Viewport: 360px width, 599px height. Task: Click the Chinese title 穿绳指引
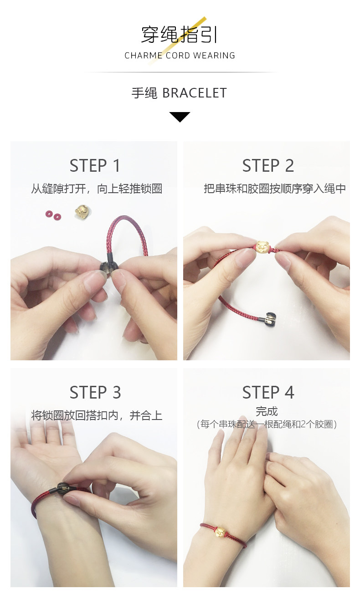[179, 35]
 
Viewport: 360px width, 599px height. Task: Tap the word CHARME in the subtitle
[144, 56]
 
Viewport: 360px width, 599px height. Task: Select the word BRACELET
[195, 93]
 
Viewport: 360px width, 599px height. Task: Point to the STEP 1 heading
[95, 165]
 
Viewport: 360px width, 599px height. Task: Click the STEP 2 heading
[268, 165]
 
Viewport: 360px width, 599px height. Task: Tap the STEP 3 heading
[95, 392]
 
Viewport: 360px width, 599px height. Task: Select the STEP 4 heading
[268, 392]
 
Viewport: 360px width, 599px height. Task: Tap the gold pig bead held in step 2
[262, 247]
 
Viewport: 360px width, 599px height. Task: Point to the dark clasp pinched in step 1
[107, 267]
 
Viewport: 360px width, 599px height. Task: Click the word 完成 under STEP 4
[267, 411]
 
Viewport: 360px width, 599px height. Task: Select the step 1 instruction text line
[97, 189]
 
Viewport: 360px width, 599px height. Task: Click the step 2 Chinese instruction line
[275, 189]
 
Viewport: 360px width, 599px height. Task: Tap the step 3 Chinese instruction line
[97, 415]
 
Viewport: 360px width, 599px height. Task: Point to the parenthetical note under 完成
[267, 425]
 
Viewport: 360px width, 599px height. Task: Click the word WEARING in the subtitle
[214, 56]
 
